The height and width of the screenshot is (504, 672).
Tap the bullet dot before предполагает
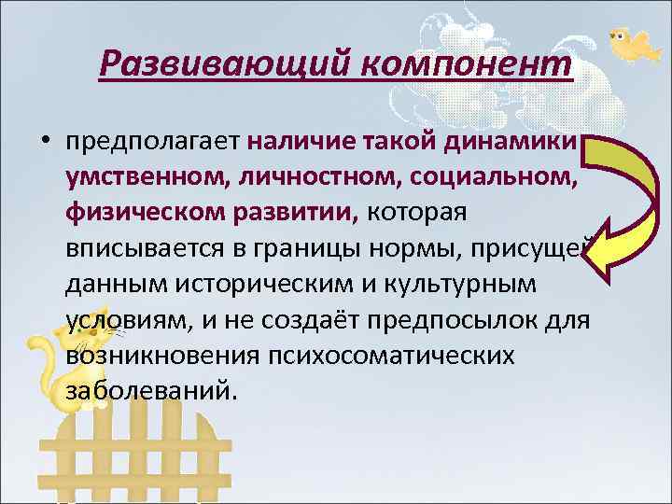click(45, 142)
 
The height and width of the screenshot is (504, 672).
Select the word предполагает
click(152, 142)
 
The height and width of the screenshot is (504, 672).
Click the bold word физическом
click(140, 213)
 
